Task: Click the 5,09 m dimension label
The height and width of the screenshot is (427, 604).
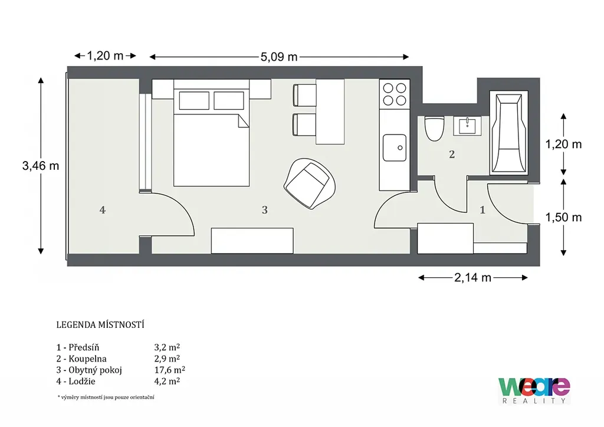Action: tap(279, 57)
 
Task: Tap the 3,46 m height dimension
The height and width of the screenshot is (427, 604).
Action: tap(41, 166)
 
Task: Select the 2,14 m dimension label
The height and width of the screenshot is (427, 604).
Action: tap(472, 278)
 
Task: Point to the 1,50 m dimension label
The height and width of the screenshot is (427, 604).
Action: tap(563, 218)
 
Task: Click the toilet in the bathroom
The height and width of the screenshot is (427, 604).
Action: tap(434, 128)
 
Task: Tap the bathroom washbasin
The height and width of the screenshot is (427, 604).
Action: tap(467, 126)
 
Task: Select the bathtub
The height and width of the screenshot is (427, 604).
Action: tap(508, 133)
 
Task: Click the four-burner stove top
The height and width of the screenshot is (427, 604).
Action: tap(395, 94)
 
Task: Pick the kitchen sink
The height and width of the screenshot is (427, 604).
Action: tap(395, 147)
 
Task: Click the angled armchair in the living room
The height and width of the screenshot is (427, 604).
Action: tap(309, 183)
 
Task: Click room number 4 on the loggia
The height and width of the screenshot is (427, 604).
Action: tap(103, 210)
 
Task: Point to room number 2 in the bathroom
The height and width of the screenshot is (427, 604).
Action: tap(452, 155)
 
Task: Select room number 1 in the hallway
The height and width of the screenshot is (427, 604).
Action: tap(482, 210)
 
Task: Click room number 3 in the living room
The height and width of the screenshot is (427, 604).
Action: tap(265, 210)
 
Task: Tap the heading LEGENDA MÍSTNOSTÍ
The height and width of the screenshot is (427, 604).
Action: tap(100, 325)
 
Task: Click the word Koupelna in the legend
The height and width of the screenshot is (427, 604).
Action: tap(87, 359)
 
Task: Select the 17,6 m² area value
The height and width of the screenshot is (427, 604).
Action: tap(169, 370)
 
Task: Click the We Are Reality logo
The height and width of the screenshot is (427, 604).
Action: tap(534, 390)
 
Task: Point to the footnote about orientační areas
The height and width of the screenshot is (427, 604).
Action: tap(106, 397)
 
